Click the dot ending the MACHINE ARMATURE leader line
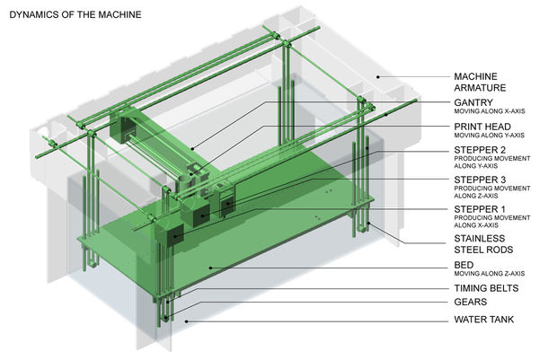pos(378,77)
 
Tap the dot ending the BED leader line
pos(210,267)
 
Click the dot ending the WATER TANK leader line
pos(187,320)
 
